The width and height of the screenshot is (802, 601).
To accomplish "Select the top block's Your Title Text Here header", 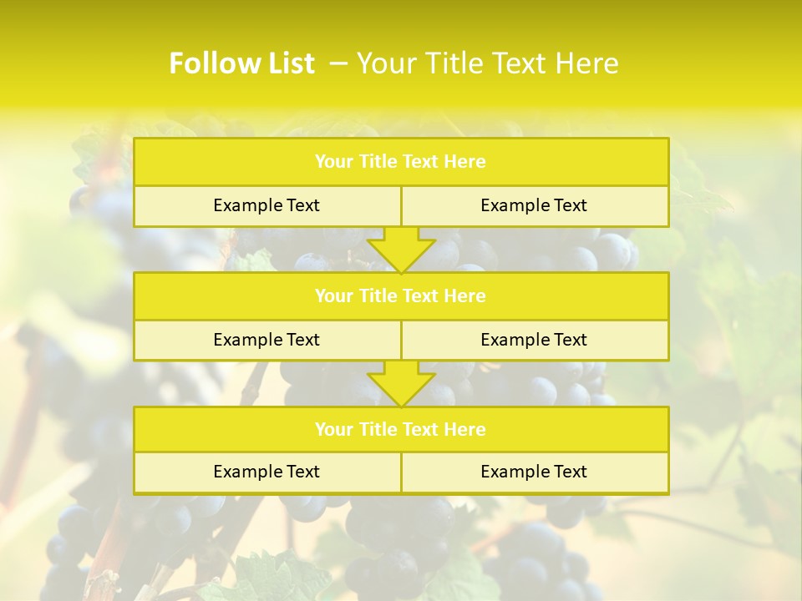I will (x=400, y=162).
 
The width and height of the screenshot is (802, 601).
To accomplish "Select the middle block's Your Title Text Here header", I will (x=400, y=295).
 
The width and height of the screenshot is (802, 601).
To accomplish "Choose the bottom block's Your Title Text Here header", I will (x=400, y=429).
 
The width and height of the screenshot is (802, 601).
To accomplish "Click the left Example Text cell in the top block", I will (x=266, y=205).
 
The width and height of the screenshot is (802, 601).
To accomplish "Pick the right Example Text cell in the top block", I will (x=534, y=205).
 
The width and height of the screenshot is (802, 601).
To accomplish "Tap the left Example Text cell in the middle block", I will (x=266, y=340).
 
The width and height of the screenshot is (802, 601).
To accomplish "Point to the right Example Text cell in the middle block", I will (x=534, y=340).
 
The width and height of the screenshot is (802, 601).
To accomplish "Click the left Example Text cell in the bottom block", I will (x=266, y=472).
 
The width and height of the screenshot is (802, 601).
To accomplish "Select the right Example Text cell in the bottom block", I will (x=534, y=472).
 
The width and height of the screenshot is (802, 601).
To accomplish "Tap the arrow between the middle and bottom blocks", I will (x=401, y=383).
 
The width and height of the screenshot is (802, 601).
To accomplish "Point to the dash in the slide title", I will (x=338, y=63).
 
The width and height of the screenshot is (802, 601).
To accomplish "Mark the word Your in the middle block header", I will (x=333, y=295).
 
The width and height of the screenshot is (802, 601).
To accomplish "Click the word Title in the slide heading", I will (x=452, y=63).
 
